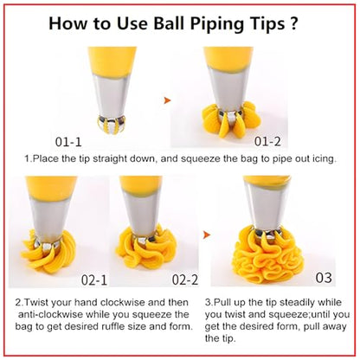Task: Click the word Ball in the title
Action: pos(168,23)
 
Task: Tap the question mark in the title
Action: pos(292,23)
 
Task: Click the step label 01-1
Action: pos(68,142)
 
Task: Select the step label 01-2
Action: pos(267,141)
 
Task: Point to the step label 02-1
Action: pos(94,280)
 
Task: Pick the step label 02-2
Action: pos(185,280)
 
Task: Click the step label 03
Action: pos(324,278)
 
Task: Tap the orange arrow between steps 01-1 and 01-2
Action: pos(167,100)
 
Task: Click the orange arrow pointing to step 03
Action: pos(207,235)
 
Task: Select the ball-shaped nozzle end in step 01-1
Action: pos(112,125)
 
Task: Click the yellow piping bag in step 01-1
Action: pos(112,62)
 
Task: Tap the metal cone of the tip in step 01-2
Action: pos(228,89)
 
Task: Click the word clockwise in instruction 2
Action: pos(123,302)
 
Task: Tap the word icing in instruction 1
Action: pos(325,159)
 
